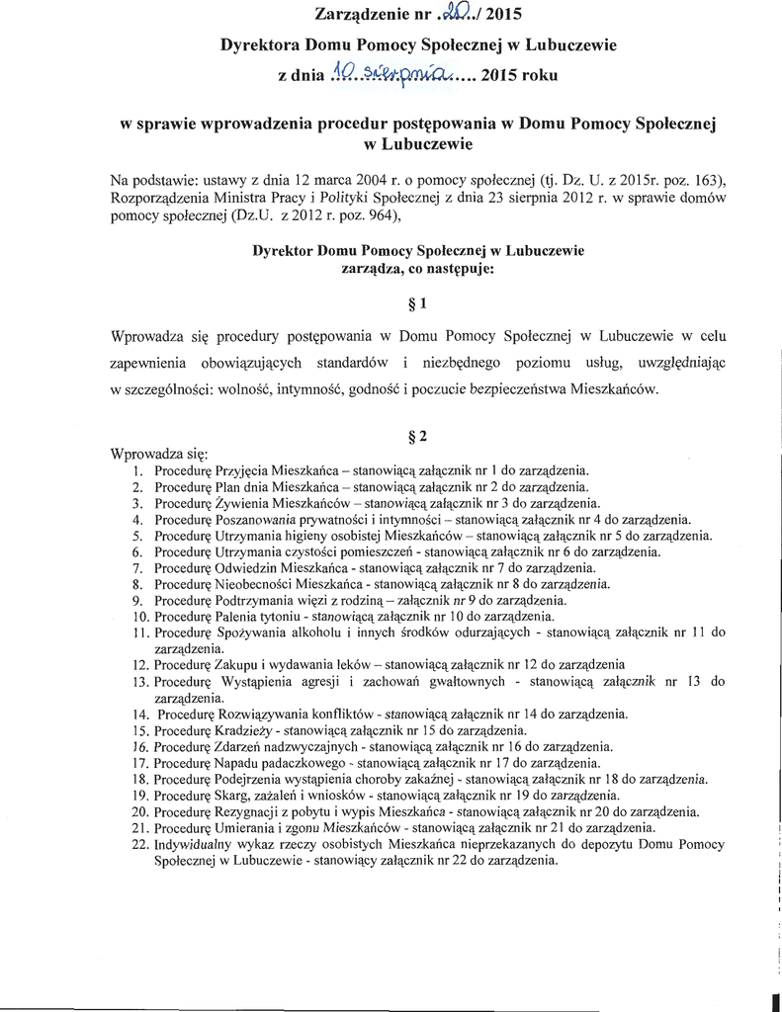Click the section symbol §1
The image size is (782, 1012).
418,303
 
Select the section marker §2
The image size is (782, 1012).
418,436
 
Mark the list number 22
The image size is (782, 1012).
138,845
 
